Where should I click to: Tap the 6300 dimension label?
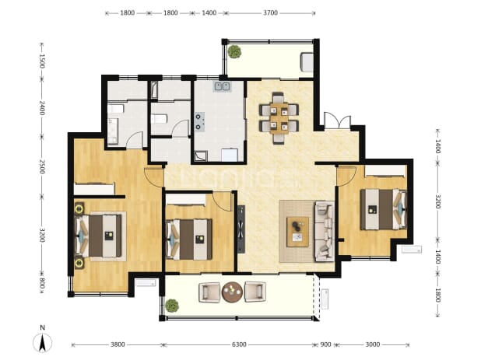click(x=239, y=344)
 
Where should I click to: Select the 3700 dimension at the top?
click(x=271, y=13)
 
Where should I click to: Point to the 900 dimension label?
click(x=326, y=344)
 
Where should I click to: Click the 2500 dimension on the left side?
click(x=42, y=166)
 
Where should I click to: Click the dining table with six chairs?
click(x=279, y=118)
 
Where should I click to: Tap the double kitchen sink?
click(x=222, y=86)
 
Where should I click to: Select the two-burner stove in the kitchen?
click(x=199, y=121)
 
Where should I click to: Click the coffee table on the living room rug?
click(x=297, y=232)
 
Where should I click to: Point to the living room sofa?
click(x=325, y=232)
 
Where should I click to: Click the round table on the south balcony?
click(x=232, y=292)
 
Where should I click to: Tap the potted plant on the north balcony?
click(x=235, y=52)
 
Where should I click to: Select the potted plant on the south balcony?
click(x=172, y=306)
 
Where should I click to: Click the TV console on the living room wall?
click(x=241, y=229)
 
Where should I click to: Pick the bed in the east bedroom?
click(x=384, y=209)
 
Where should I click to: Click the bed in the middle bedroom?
click(x=189, y=239)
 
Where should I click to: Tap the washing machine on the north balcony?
click(x=307, y=62)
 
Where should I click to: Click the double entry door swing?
click(x=338, y=121)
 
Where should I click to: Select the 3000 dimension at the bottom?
click(x=373, y=344)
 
